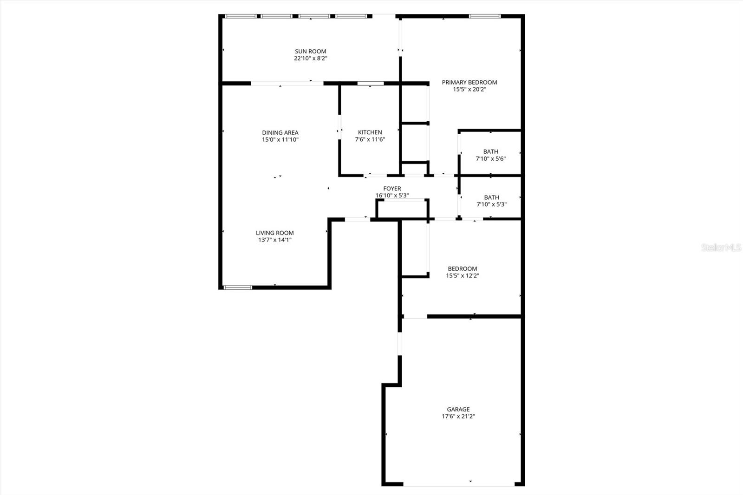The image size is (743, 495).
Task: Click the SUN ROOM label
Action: pyautogui.click(x=310, y=52)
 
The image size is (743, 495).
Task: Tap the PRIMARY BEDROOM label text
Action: pyautogui.click(x=469, y=83)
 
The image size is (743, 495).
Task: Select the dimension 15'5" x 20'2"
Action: pyautogui.click(x=469, y=90)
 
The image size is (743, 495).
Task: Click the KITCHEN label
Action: pyautogui.click(x=370, y=132)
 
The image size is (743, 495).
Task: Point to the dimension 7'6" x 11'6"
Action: pyautogui.click(x=370, y=139)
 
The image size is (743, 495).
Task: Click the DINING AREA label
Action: pyautogui.click(x=280, y=133)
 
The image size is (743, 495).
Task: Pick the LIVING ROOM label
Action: pyautogui.click(x=274, y=233)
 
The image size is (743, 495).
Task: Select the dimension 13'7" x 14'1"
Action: pyautogui.click(x=274, y=240)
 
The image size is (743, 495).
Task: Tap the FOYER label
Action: pyautogui.click(x=392, y=189)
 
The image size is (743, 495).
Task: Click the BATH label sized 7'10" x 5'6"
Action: pyautogui.click(x=490, y=151)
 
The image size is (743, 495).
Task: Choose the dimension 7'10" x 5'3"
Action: pyautogui.click(x=491, y=204)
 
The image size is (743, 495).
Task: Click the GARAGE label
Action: pyautogui.click(x=458, y=410)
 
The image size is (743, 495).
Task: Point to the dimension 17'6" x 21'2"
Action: pyautogui.click(x=458, y=417)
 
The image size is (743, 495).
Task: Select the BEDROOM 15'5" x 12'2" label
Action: pyautogui.click(x=462, y=269)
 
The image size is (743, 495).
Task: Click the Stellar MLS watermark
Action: pyautogui.click(x=721, y=248)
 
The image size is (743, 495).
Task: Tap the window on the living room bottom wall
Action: pyautogui.click(x=238, y=287)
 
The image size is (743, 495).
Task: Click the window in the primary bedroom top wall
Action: pyautogui.click(x=484, y=16)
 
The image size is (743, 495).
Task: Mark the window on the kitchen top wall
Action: pyautogui.click(x=370, y=84)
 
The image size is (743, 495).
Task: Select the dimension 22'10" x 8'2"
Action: pyautogui.click(x=310, y=59)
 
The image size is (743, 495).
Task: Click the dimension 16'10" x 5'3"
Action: pyautogui.click(x=392, y=195)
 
